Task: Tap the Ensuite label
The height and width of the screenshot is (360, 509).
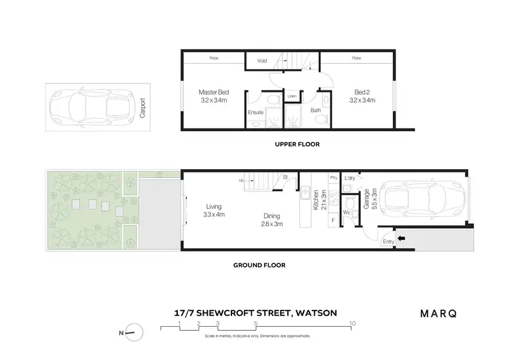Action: (255, 111)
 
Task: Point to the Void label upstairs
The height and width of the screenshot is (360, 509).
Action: (262, 61)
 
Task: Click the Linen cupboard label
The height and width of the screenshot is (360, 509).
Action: (293, 96)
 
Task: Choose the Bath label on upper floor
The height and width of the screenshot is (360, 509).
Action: (316, 109)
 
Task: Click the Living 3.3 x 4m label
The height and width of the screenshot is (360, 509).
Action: (215, 211)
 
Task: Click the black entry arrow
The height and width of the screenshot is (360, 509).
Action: (400, 238)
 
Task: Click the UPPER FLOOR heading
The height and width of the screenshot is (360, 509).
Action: (297, 144)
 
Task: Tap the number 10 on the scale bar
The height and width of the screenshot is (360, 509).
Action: (352, 324)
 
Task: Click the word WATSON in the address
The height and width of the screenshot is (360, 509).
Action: (319, 314)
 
